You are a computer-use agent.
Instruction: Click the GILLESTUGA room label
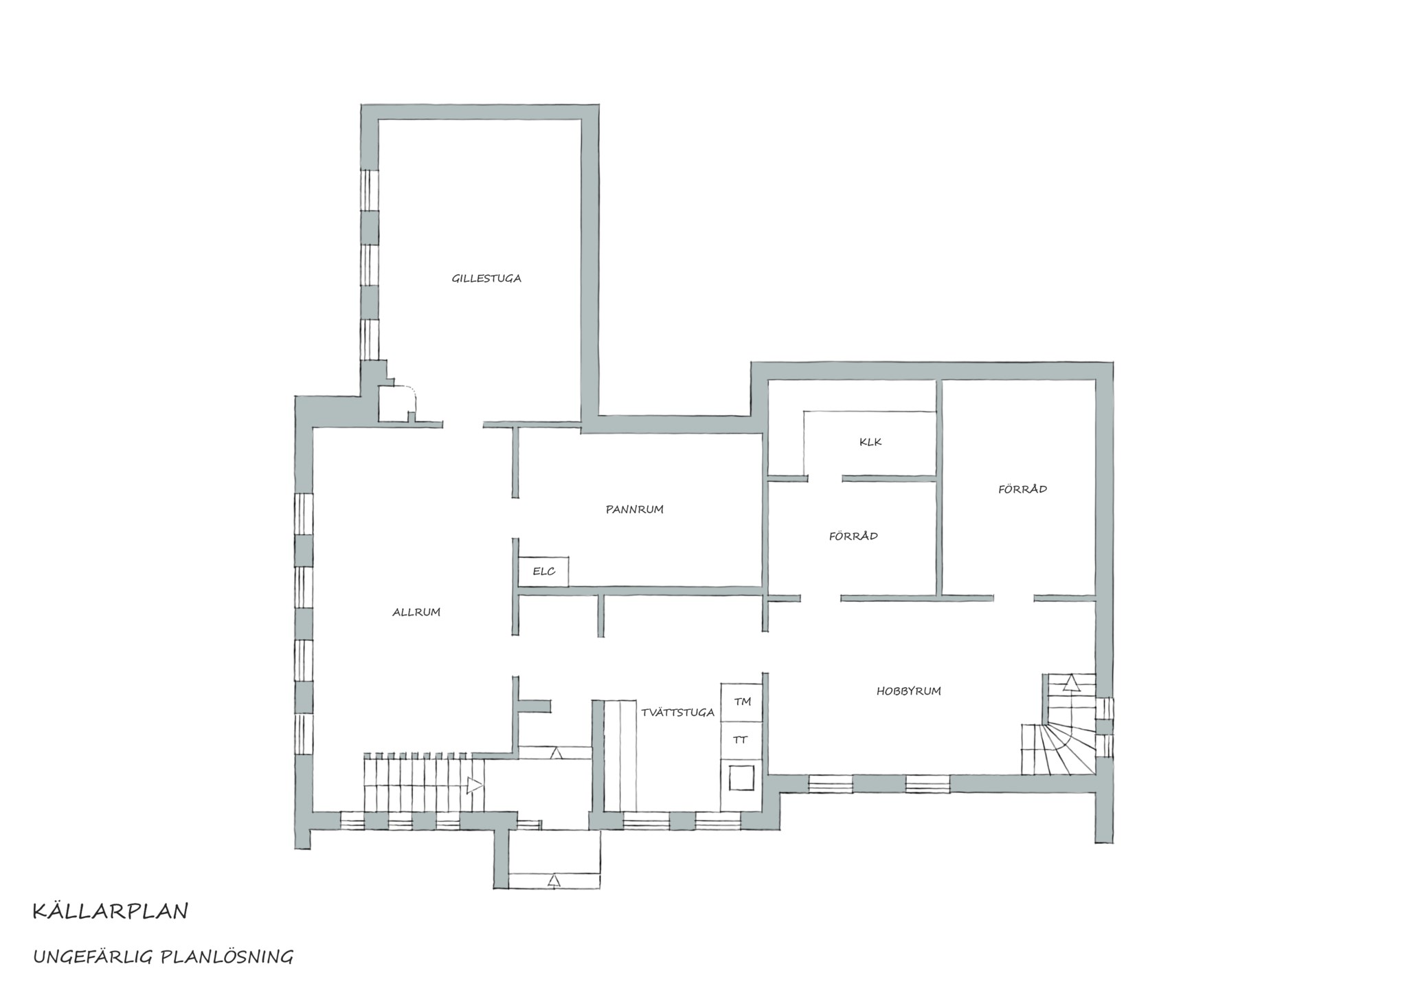click(x=486, y=278)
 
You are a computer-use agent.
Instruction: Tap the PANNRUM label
click(x=634, y=509)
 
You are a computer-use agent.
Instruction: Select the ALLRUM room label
click(x=416, y=612)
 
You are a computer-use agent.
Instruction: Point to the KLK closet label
click(x=870, y=442)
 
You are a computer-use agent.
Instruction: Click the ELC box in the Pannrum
click(x=543, y=571)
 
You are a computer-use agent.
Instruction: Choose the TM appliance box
click(x=742, y=702)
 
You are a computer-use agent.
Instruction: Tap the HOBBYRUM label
click(x=908, y=691)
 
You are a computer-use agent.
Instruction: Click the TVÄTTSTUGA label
click(x=677, y=712)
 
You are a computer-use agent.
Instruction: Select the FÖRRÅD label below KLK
click(x=853, y=535)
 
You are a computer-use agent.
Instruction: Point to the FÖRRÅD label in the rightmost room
click(x=1022, y=489)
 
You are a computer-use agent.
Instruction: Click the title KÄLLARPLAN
click(x=110, y=911)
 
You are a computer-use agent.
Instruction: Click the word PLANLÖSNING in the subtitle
click(x=227, y=957)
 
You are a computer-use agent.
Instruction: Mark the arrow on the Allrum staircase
click(x=475, y=785)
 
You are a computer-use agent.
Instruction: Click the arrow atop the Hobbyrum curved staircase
click(x=1071, y=682)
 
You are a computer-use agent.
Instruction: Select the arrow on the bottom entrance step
click(x=554, y=880)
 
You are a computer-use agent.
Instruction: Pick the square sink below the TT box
click(x=742, y=778)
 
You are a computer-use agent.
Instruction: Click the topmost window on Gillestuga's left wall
click(x=370, y=189)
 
